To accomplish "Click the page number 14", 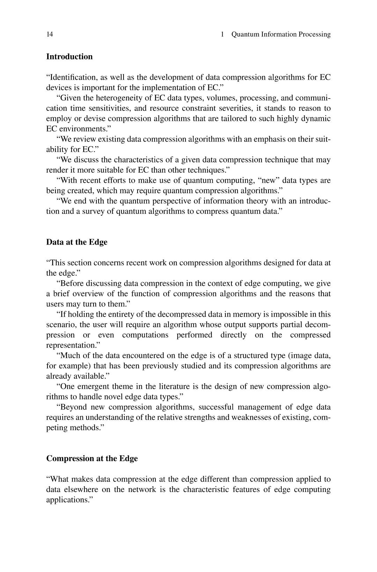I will [50, 34].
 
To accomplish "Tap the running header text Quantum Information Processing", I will [281, 34].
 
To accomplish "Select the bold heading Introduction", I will [69, 57].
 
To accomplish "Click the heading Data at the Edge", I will [77, 242].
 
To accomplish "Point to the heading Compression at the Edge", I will [92, 458].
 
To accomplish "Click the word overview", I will [89, 294].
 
